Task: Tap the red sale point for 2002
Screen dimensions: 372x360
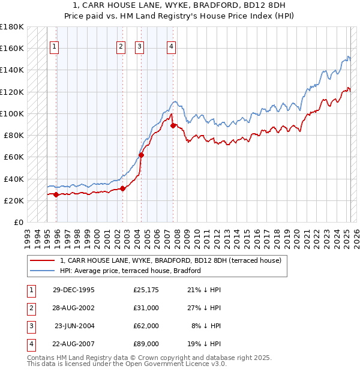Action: click(122, 188)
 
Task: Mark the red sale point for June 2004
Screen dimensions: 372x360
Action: click(142, 155)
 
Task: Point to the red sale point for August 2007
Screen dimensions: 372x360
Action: click(173, 125)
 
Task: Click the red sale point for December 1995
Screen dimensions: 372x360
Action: click(56, 194)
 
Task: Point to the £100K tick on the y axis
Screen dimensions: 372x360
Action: click(12, 113)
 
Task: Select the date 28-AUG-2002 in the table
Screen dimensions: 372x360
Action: click(73, 308)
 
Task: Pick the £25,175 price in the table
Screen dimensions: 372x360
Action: click(146, 290)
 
